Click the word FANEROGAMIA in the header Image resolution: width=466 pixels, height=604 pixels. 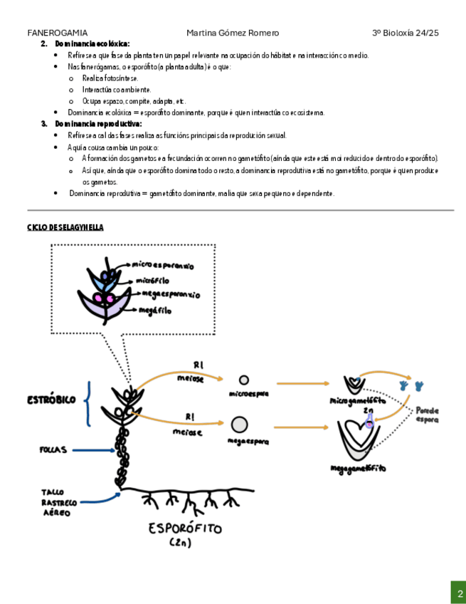coord(58,33)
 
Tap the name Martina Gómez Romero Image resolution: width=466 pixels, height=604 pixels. coord(233,33)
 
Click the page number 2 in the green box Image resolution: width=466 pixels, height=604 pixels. coord(460,593)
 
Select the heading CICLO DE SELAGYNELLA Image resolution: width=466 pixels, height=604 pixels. coord(65,227)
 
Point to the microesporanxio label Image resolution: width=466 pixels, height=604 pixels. coord(163,264)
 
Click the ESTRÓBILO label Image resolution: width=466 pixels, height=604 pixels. coord(52,400)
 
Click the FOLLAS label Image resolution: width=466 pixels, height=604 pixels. coord(53,449)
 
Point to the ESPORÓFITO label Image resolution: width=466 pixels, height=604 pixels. coord(185,528)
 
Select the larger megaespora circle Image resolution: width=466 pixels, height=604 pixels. coord(239,426)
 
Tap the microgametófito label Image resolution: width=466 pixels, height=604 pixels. coord(358,400)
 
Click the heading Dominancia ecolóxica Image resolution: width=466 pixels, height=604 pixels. coord(92,44)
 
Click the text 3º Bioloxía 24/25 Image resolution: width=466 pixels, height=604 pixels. coord(406,33)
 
